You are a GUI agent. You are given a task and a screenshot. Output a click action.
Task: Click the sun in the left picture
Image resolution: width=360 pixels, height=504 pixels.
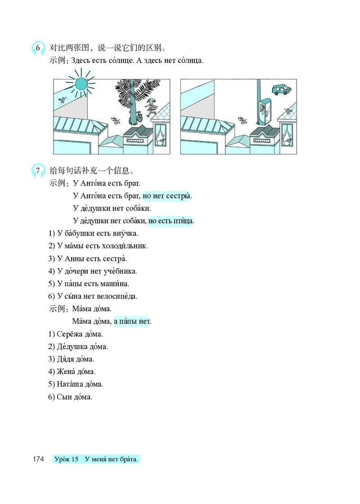coord(81,84)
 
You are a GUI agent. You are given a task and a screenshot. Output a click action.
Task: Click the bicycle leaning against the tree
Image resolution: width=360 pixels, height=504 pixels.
coord(136,118)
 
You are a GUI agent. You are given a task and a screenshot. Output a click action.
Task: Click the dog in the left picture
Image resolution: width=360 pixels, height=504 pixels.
coord(116,121)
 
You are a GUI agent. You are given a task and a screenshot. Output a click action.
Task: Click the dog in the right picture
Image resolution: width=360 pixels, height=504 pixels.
coord(243,121)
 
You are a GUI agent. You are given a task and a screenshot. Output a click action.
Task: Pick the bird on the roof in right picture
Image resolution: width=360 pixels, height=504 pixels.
coord(288,111)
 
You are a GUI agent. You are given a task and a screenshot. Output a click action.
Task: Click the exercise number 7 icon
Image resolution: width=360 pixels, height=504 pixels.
coord(38,171)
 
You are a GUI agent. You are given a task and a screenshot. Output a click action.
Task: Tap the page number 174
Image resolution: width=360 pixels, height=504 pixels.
coord(38,459)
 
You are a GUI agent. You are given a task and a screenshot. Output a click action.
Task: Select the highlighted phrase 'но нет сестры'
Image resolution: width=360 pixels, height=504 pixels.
coord(167,196)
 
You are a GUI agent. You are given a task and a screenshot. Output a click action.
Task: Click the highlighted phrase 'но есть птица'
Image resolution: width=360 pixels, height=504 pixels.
coord(171,221)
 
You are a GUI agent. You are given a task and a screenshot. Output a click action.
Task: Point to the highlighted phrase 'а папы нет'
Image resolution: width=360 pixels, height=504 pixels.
coord(132,321)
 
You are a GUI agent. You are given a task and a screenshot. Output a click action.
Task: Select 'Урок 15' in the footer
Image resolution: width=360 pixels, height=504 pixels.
coord(67,459)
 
